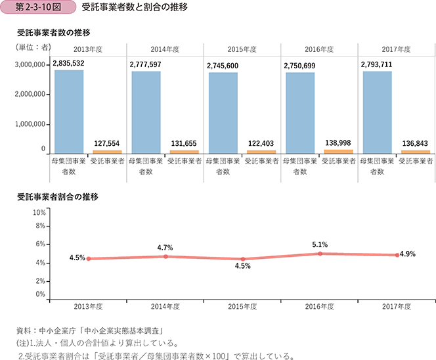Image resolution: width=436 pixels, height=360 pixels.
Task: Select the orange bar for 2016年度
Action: [x=338, y=151]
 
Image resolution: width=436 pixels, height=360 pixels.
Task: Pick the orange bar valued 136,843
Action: [x=415, y=152]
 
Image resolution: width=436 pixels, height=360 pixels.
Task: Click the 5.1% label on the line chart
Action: [x=320, y=244]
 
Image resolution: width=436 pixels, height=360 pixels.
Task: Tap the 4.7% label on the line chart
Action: [x=165, y=248]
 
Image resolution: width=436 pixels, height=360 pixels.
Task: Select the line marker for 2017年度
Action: [x=397, y=255]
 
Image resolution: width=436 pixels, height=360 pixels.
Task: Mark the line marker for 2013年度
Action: [x=88, y=259]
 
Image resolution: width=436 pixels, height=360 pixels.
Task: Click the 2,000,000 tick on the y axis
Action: [x=28, y=94]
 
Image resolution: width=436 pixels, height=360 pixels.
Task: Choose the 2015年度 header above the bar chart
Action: [x=242, y=49]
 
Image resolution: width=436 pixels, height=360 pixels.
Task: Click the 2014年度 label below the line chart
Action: [x=165, y=306]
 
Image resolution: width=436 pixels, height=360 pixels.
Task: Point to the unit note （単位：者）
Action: [x=33, y=47]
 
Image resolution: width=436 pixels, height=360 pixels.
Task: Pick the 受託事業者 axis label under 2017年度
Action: [x=416, y=160]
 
